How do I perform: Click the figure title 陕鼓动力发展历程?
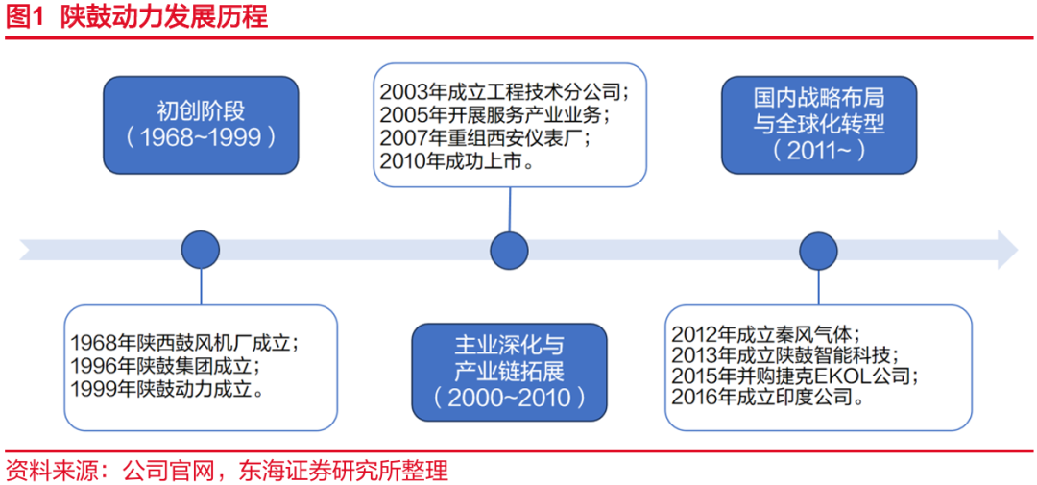[x=163, y=17]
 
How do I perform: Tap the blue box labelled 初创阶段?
[x=201, y=125]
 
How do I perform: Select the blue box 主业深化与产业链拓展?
[x=509, y=371]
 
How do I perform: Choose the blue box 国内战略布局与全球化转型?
[x=819, y=125]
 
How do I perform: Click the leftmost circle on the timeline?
[x=201, y=250]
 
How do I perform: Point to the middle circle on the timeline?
[x=509, y=250]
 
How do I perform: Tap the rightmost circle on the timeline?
[x=819, y=250]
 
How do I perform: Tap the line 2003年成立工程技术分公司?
[x=504, y=93]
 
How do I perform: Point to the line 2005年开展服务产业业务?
[x=494, y=116]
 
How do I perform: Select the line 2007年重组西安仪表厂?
[x=485, y=139]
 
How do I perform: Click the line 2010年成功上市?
[x=457, y=162]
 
